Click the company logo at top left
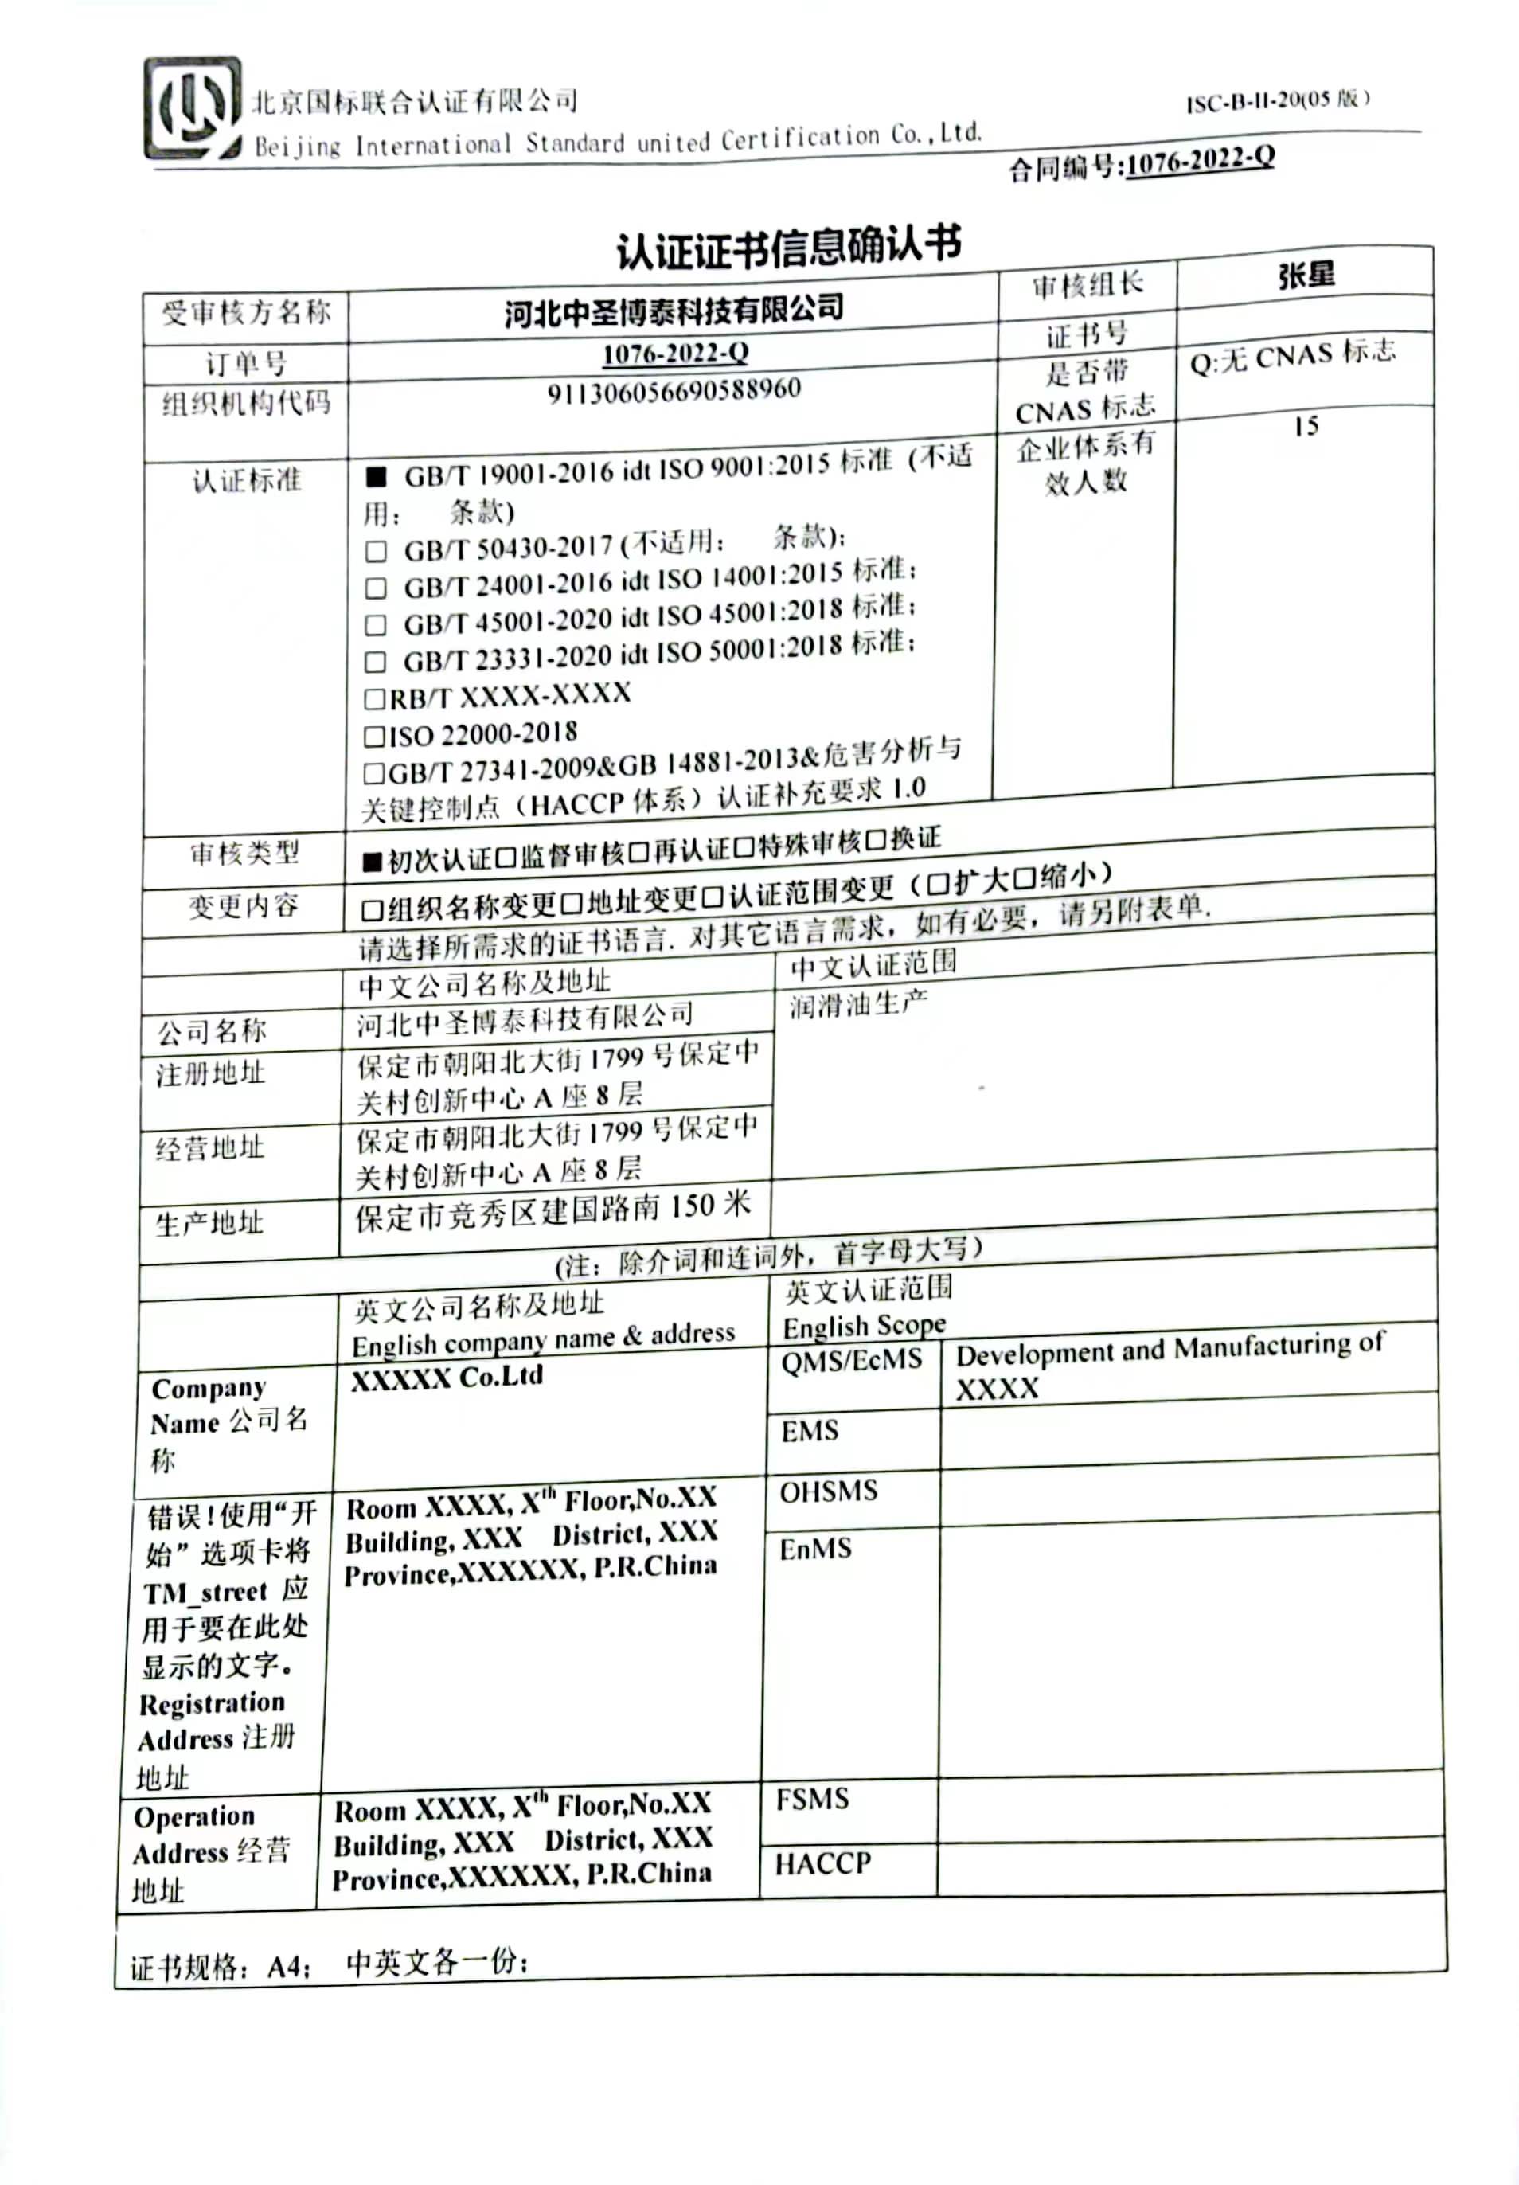click(191, 107)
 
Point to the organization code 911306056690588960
click(673, 390)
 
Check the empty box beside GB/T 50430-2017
click(376, 551)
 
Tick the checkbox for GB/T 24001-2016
click(376, 587)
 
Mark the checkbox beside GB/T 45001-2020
click(376, 624)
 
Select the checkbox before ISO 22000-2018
click(374, 736)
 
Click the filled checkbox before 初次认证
click(371, 862)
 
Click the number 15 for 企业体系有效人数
click(1305, 425)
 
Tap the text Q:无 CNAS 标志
click(1291, 358)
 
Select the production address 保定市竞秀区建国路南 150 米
click(553, 1210)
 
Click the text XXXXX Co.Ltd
click(447, 1377)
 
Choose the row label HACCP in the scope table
click(822, 1863)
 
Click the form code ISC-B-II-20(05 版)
click(1277, 100)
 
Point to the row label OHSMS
click(828, 1491)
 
